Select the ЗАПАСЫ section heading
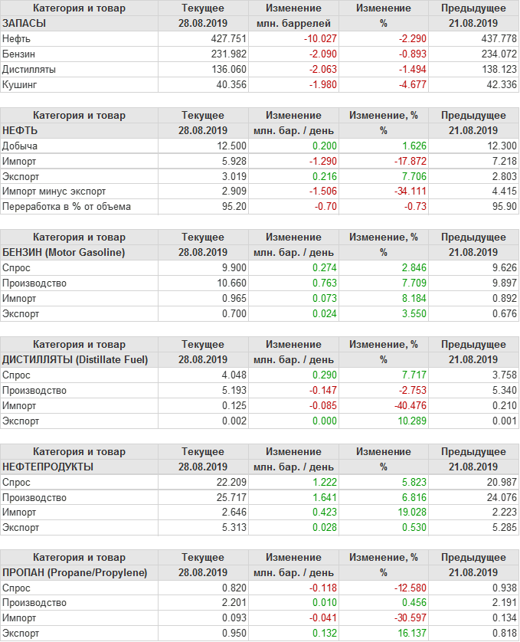pos(25,23)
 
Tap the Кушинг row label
pos(20,84)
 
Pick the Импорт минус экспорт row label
pos(54,192)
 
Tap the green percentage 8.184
pos(402,298)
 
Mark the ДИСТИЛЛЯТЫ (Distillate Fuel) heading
pos(75,359)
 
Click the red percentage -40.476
pos(399,405)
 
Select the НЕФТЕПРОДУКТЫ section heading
pos(48,467)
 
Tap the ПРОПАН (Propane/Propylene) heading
pos(74,573)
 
